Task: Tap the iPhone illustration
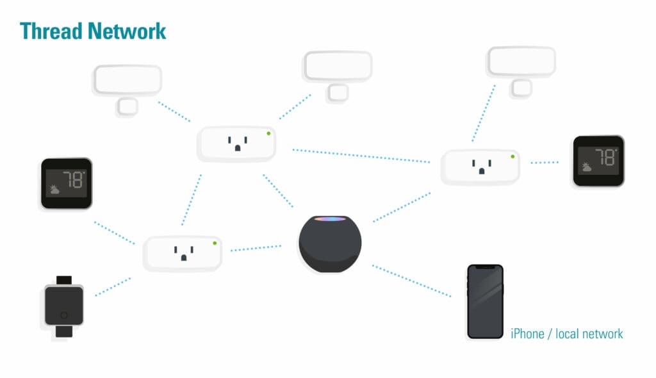pyautogui.click(x=485, y=301)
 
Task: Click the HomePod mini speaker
pyautogui.click(x=329, y=244)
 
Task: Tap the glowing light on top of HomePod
pyautogui.click(x=330, y=220)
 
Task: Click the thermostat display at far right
pyautogui.click(x=598, y=161)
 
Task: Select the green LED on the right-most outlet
pyautogui.click(x=512, y=156)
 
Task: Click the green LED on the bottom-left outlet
pyautogui.click(x=215, y=243)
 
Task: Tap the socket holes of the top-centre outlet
pyautogui.click(x=237, y=144)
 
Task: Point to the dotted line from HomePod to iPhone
pyautogui.click(x=411, y=281)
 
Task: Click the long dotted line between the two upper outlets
pyautogui.click(x=361, y=156)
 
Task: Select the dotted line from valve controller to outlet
pyautogui.click(x=113, y=286)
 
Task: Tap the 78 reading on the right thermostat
pyautogui.click(x=604, y=156)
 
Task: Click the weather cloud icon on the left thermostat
pyautogui.click(x=55, y=190)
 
